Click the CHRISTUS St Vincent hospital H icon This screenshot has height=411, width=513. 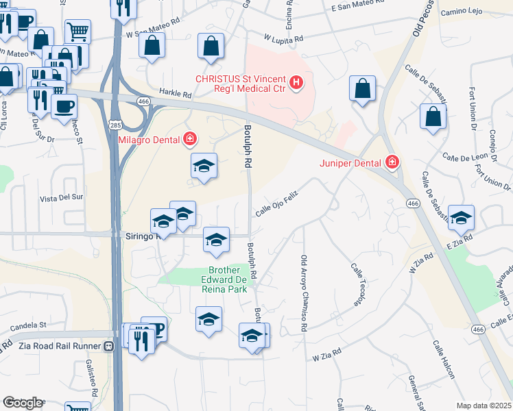296,84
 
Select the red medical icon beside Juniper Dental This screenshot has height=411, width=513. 392,162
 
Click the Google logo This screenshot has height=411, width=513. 23,403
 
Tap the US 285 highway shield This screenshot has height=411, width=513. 115,125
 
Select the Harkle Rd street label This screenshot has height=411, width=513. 175,95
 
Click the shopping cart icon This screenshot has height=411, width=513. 77,32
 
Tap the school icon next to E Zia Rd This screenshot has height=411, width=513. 461,217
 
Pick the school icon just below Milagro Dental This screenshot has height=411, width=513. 204,165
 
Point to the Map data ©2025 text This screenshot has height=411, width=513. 483,406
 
